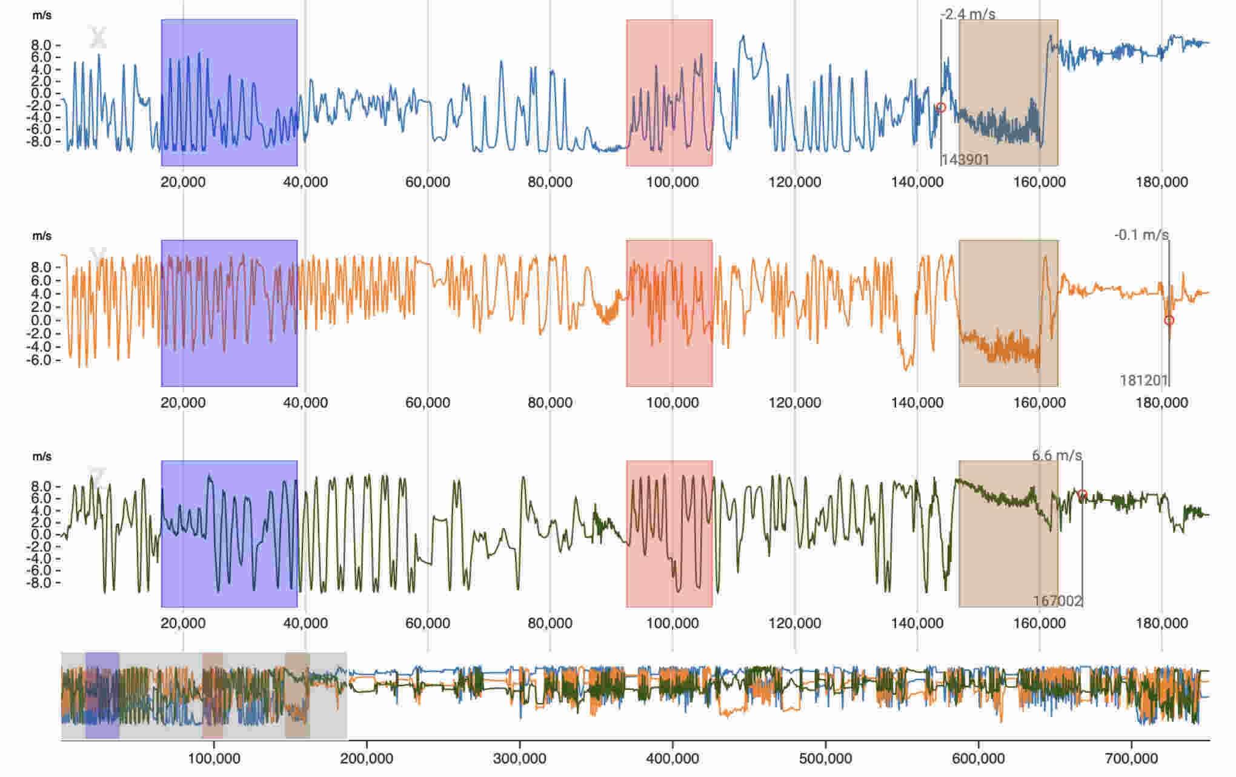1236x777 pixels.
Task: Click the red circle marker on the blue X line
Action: tap(941, 108)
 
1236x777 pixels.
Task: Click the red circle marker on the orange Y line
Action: tap(1169, 320)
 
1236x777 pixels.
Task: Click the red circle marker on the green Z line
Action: tap(1082, 495)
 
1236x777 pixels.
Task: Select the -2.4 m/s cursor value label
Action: tap(968, 14)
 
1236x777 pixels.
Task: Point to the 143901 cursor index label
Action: tap(965, 160)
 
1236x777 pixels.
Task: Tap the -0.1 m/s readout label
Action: tap(1141, 235)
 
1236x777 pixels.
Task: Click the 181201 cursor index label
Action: tap(1144, 380)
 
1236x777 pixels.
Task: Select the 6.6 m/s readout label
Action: tap(1057, 455)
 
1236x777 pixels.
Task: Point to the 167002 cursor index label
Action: tap(1058, 601)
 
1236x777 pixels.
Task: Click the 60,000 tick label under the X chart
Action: tap(428, 182)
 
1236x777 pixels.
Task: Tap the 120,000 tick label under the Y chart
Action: tap(795, 403)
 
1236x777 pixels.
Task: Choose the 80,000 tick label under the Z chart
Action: tap(550, 623)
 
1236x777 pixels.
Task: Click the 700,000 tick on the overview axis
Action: tap(1132, 758)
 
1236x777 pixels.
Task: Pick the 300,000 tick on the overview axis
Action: tap(520, 758)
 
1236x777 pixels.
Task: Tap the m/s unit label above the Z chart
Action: tap(42, 457)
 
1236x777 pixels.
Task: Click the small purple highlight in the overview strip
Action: tap(102, 695)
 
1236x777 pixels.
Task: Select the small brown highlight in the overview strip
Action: tap(297, 695)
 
